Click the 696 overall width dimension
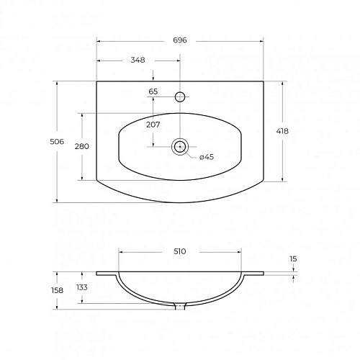[x=180, y=40]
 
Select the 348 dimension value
[x=138, y=60]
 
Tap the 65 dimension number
[x=153, y=91]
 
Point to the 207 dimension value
[x=153, y=125]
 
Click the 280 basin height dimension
[x=82, y=146]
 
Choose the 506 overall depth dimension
[x=57, y=142]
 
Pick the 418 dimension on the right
[x=282, y=131]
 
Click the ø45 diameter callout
[x=207, y=157]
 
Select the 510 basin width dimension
[x=180, y=251]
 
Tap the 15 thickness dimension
[x=293, y=259]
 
